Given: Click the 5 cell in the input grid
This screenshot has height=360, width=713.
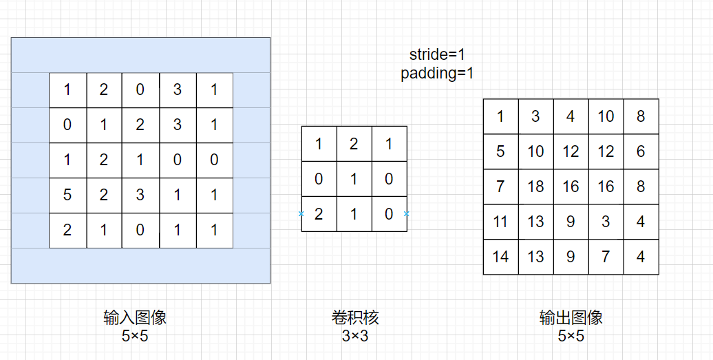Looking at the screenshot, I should [67, 195].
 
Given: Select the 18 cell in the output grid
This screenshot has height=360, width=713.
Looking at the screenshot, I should [535, 187].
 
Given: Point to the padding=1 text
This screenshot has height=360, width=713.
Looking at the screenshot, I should [437, 74].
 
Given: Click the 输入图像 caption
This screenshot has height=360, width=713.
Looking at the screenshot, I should [135, 318].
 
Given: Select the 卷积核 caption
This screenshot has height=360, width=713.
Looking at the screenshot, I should [355, 318].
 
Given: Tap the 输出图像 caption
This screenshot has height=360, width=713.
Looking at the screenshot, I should [571, 318].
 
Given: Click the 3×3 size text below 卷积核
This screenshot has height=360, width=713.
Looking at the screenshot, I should [355, 336].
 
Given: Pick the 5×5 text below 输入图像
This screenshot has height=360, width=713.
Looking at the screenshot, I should [135, 336].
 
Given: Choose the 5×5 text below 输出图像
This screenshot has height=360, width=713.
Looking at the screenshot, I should [571, 336].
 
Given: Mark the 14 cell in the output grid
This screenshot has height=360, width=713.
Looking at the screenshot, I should [500, 257].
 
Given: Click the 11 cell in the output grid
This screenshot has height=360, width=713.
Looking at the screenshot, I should [500, 222].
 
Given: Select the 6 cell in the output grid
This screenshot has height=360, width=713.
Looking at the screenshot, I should [641, 151].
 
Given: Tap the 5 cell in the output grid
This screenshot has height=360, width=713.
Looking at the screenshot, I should [500, 151].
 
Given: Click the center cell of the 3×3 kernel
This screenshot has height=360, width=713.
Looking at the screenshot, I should [354, 179].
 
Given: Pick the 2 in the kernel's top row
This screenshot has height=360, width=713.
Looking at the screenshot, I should [354, 144].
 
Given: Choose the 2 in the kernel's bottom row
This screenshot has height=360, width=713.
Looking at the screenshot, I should [319, 214].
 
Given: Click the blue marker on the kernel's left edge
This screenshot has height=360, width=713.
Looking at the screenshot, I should [301, 214].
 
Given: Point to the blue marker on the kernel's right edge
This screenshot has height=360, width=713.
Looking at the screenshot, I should [407, 214].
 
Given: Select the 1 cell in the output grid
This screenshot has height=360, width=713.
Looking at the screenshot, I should [500, 116].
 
